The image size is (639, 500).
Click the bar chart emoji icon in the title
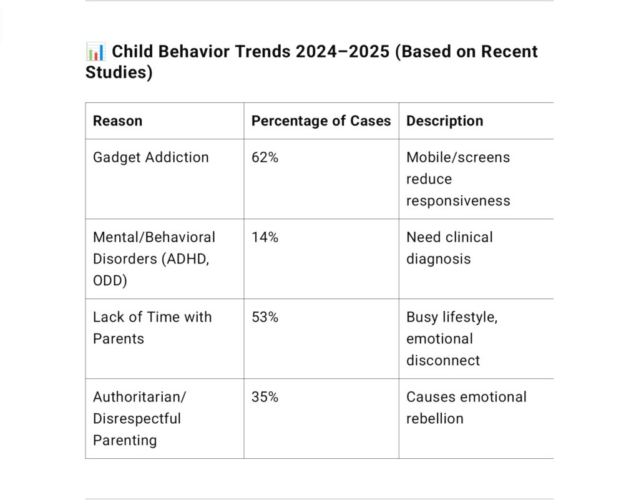tap(95, 52)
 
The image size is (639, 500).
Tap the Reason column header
tap(117, 121)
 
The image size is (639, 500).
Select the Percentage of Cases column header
tap(321, 121)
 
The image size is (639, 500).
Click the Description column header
tap(444, 121)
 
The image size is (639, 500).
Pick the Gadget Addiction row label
tap(151, 157)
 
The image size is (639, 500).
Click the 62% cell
tap(265, 157)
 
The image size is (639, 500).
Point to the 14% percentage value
tap(265, 237)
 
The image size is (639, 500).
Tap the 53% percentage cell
tap(265, 317)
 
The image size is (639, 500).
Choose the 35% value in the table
tap(265, 397)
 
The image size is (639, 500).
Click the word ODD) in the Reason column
tap(110, 281)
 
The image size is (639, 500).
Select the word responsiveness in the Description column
tap(458, 201)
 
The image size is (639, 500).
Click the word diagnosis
tap(439, 259)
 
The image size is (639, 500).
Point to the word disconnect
tap(443, 361)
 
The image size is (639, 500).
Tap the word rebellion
tap(435, 419)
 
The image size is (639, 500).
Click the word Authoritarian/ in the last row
tap(139, 397)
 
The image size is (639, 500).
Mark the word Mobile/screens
tap(458, 157)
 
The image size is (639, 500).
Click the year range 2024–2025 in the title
tap(343, 52)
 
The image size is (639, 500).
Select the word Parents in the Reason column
tap(119, 339)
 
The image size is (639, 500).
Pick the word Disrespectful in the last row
tap(137, 419)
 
